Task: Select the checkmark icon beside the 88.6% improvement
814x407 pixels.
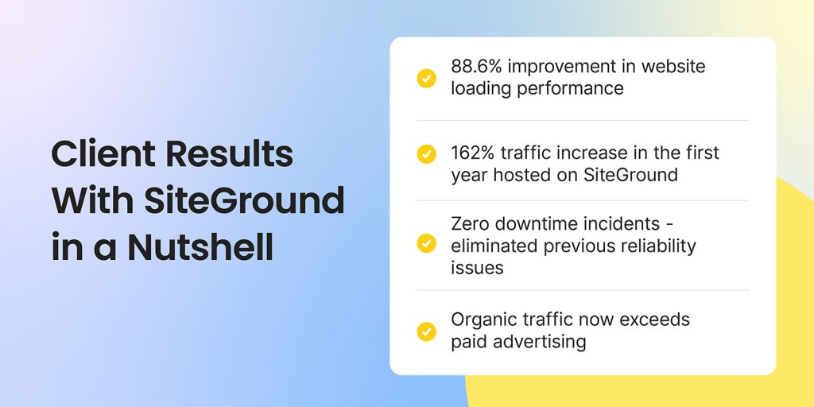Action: [426, 79]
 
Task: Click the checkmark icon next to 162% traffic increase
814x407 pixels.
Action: [426, 154]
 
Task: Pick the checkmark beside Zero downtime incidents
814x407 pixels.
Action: [426, 243]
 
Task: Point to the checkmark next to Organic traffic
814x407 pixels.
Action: [426, 331]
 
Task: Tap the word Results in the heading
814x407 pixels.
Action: [229, 153]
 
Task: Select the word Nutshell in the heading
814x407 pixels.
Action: [200, 247]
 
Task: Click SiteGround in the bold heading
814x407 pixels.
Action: [244, 200]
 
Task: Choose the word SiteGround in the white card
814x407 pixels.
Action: [630, 175]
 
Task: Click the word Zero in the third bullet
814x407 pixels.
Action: [470, 224]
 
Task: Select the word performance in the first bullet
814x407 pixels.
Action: [570, 89]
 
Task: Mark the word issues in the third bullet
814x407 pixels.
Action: [470, 269]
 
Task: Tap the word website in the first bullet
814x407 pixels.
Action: [673, 67]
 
